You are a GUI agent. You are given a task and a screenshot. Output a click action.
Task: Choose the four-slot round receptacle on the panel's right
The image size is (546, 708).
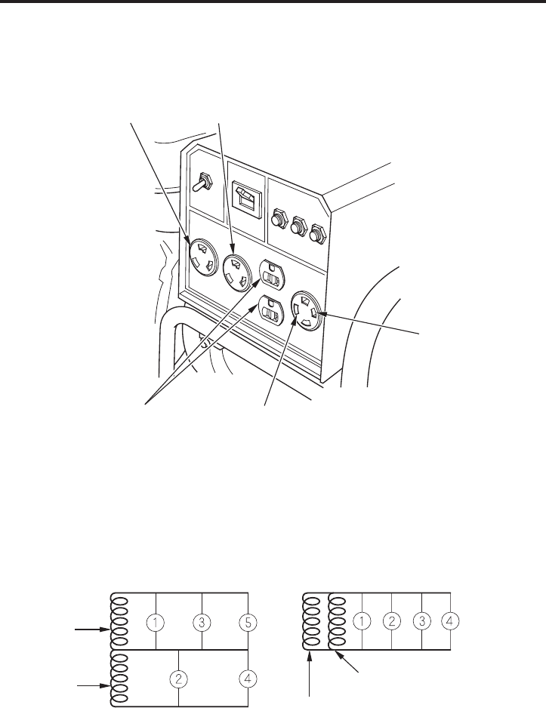click(x=307, y=309)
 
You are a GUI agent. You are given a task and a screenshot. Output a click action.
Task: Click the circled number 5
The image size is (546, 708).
click(x=248, y=623)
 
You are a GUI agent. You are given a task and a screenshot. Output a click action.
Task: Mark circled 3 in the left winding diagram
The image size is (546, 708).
click(x=202, y=623)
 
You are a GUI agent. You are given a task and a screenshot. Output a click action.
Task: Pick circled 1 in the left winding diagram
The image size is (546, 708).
click(x=156, y=623)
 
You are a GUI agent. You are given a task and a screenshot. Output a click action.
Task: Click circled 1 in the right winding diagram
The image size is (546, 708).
click(x=362, y=621)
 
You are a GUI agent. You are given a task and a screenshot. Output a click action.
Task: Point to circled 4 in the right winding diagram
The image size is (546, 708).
click(x=449, y=621)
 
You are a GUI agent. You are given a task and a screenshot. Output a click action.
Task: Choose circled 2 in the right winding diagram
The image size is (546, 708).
click(x=392, y=621)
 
